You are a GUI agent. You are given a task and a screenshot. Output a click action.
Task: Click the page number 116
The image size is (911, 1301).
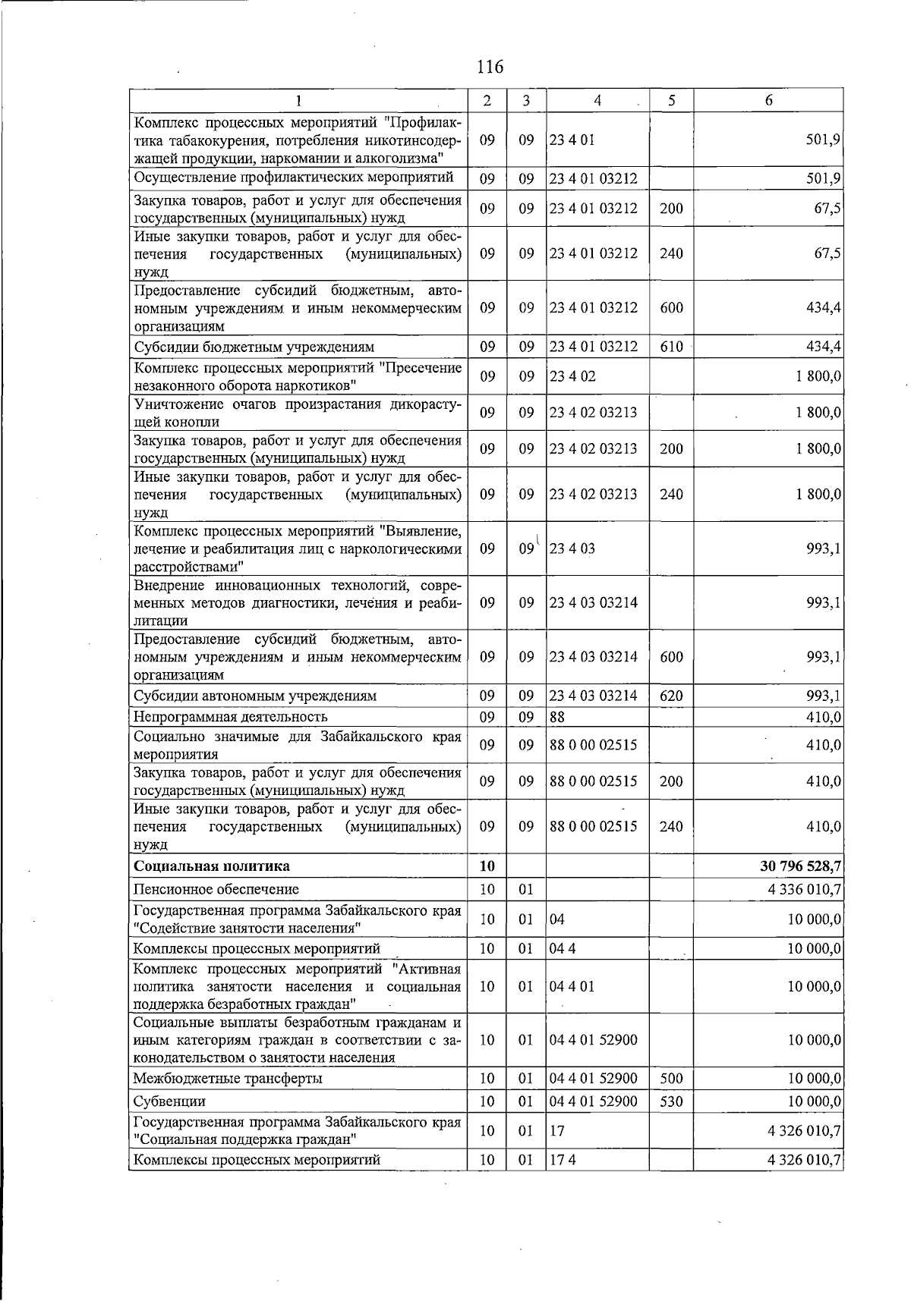coord(490,67)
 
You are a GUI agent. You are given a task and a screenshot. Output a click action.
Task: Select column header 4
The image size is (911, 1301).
coord(597,100)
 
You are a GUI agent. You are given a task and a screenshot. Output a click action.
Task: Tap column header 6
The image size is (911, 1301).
coord(768,100)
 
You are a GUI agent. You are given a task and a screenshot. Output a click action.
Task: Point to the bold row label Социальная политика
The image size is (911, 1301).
coord(211,866)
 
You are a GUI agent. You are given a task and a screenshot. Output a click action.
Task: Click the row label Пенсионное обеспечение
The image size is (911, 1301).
coord(216,888)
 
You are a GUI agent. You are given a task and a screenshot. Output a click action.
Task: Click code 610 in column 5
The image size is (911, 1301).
coord(671,347)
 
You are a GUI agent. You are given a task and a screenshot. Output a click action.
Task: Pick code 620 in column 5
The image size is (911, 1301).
coord(671,696)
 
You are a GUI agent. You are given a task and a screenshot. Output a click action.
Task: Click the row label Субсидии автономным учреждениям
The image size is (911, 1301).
coord(254,696)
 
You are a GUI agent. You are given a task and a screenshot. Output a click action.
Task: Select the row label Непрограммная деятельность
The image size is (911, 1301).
coord(230,716)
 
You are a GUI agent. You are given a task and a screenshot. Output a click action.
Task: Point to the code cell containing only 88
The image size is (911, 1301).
coord(557,716)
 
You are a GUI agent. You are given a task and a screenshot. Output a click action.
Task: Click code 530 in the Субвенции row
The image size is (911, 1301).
coord(671,1101)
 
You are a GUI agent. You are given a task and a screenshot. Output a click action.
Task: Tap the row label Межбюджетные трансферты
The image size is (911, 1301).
coord(227,1078)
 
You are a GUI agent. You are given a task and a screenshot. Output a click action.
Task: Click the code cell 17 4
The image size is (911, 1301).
coord(563,1159)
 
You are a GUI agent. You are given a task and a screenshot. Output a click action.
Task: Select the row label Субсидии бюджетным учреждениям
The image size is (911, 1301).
coord(254,347)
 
